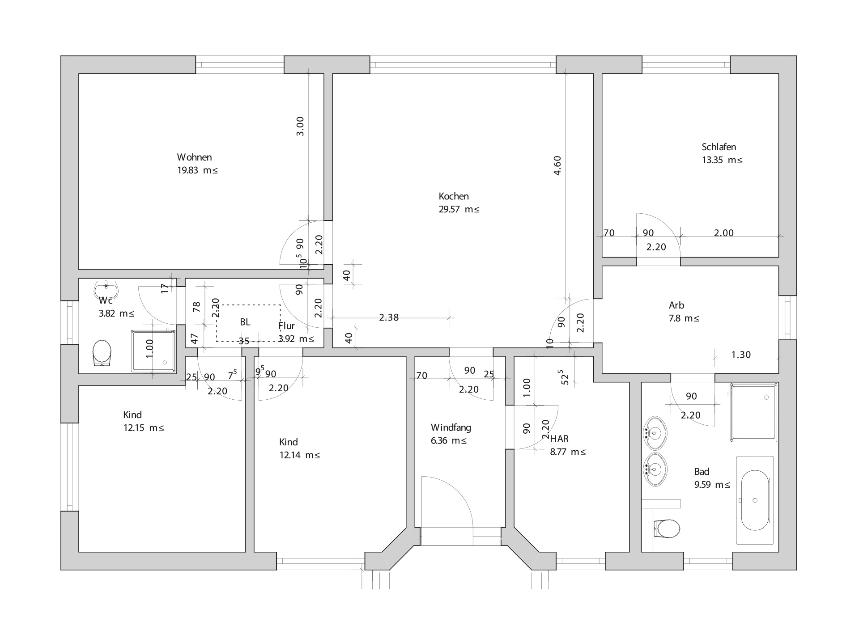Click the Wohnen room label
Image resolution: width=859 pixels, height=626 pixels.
pyautogui.click(x=194, y=157)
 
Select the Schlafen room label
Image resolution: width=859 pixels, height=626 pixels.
pyautogui.click(x=719, y=147)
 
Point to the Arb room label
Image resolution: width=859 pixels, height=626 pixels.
pyautogui.click(x=676, y=305)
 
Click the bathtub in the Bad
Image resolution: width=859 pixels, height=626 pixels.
pyautogui.click(x=755, y=500)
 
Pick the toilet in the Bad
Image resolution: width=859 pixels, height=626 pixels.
pyautogui.click(x=668, y=529)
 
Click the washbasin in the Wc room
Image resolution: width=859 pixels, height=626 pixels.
pyautogui.click(x=106, y=289)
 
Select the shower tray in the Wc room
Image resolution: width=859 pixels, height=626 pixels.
pyautogui.click(x=153, y=351)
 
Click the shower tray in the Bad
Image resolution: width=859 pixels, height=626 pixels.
pyautogui.click(x=754, y=411)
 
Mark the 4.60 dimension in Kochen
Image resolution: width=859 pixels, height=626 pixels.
pyautogui.click(x=557, y=165)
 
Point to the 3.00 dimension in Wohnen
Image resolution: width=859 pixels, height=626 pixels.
pyautogui.click(x=300, y=126)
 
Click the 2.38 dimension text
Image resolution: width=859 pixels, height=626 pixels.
pyautogui.click(x=388, y=317)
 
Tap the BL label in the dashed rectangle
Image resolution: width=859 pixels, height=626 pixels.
pyautogui.click(x=245, y=322)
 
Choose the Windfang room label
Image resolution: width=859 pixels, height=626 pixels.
pyautogui.click(x=451, y=427)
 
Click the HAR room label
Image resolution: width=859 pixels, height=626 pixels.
pyautogui.click(x=559, y=439)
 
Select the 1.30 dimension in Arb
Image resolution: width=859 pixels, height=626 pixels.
pyautogui.click(x=741, y=355)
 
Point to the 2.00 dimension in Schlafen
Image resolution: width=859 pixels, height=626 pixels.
pyautogui.click(x=723, y=233)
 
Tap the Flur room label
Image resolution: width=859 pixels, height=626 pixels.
pyautogui.click(x=286, y=326)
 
